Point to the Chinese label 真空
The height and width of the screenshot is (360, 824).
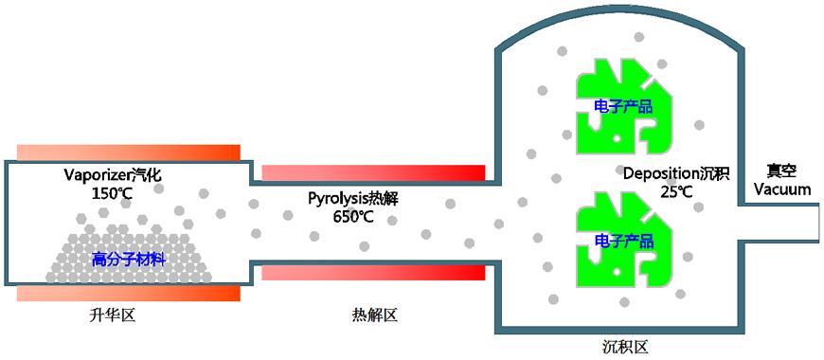[x=781, y=171]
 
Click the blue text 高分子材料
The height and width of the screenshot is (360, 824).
[x=129, y=257]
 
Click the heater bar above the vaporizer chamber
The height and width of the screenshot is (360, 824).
[x=129, y=153]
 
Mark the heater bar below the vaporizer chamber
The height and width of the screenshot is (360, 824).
[x=129, y=293]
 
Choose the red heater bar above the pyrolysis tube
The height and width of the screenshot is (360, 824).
[x=373, y=172]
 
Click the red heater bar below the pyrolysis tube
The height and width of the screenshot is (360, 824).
[x=373, y=273]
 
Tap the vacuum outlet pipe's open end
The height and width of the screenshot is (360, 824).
[x=816, y=221]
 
